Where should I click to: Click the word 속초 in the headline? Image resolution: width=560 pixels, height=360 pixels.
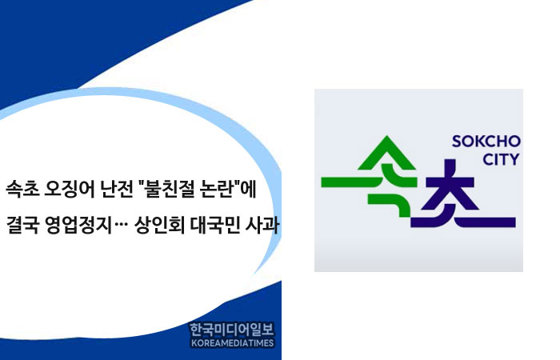22,190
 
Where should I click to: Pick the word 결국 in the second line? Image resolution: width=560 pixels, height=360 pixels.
22,225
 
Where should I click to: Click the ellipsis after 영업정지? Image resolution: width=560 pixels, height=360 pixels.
122,229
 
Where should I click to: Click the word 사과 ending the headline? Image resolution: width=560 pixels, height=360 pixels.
262,225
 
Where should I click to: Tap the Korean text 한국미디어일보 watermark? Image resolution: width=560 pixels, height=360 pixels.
232,330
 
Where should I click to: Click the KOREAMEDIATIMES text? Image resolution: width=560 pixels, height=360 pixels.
233,343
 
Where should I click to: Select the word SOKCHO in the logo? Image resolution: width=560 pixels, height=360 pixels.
486,142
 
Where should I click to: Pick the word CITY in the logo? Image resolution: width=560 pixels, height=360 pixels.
501,160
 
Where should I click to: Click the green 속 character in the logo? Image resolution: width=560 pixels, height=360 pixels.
387,176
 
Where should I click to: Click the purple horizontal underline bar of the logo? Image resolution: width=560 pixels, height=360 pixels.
463,222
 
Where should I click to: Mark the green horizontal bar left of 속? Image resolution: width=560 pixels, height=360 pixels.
346,182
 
